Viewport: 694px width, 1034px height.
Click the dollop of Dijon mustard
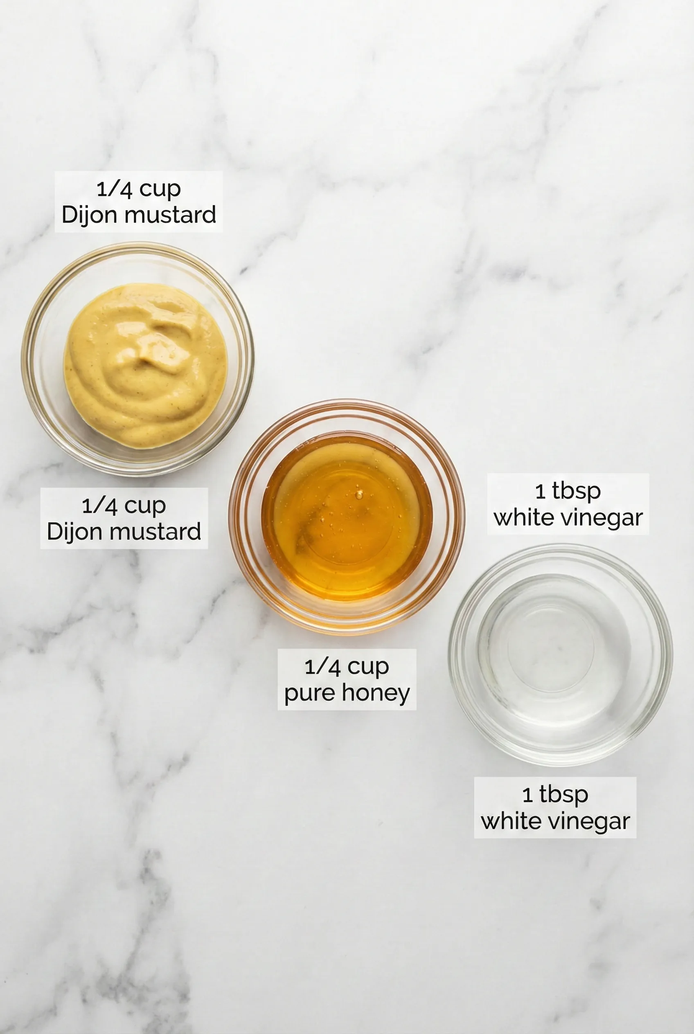pos(145,366)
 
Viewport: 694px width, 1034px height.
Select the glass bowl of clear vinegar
pos(560,655)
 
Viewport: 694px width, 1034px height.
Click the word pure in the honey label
pos(308,694)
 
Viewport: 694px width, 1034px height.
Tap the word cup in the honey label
pos(368,668)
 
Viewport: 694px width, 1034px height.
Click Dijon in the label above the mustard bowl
pos(90,215)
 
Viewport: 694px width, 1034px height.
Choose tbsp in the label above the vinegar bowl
pos(576,492)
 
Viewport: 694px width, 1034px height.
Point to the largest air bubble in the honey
pos(358,493)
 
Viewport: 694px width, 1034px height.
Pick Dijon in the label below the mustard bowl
pos(76,532)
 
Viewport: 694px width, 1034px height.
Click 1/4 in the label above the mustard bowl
pos(115,189)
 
